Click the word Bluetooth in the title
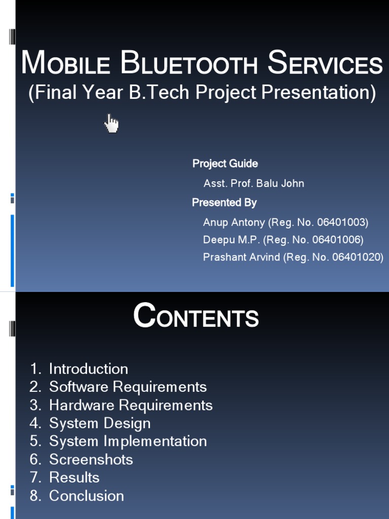190,64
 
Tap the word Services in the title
325,64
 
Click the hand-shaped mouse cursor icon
111,123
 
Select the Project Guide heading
225,164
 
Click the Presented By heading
224,203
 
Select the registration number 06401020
356,257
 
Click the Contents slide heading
196,318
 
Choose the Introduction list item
88,369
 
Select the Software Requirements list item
128,387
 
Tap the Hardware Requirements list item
131,405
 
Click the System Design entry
100,423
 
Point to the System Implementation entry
128,441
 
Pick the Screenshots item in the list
91,460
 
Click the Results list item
74,477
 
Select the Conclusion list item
86,496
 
